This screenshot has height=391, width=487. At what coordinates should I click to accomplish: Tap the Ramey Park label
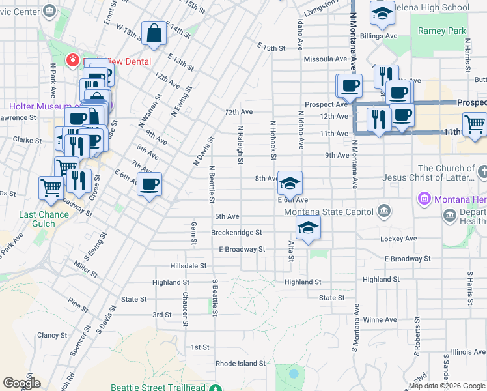(x=442, y=31)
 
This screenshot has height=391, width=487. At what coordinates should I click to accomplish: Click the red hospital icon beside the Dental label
(x=73, y=61)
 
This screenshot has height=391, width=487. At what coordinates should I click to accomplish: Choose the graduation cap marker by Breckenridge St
(x=308, y=227)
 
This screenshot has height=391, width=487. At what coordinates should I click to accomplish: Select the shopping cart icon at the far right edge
(x=474, y=124)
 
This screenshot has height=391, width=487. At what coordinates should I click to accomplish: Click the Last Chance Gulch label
(x=44, y=219)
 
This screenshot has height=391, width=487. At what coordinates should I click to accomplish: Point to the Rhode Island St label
(x=241, y=363)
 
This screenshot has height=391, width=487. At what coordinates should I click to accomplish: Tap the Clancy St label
(x=49, y=335)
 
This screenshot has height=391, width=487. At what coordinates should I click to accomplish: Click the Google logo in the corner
(x=21, y=383)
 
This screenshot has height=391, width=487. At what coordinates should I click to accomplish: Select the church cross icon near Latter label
(x=482, y=172)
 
